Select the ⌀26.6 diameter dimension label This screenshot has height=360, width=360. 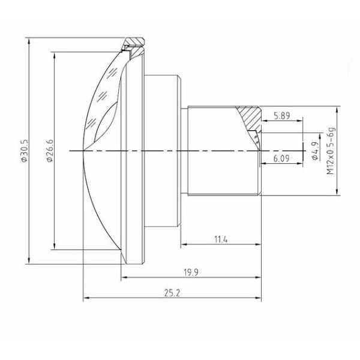49,151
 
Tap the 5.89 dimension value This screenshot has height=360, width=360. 282,116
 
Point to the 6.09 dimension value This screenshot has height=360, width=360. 282,159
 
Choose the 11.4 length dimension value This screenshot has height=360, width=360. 221,239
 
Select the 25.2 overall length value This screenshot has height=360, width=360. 172,293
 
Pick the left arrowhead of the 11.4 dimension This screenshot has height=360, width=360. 182,244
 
